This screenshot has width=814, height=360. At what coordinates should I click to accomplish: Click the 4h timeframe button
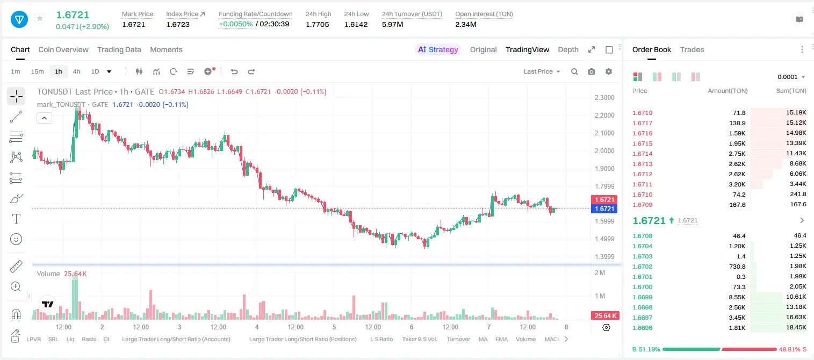point(76,71)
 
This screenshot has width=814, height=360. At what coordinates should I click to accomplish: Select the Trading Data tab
point(119,49)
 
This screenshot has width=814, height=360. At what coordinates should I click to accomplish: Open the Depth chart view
point(568,49)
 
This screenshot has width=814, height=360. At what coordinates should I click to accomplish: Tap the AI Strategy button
point(438,49)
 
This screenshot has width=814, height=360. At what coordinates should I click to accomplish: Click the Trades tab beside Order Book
point(692,49)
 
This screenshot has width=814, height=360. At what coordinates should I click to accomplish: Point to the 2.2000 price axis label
point(604,115)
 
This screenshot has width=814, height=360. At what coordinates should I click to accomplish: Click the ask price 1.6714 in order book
point(643,154)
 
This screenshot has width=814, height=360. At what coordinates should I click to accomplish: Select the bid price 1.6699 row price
point(643,297)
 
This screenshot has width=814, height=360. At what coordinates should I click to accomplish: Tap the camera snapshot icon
point(592,71)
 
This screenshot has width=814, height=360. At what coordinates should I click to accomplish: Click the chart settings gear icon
point(609,71)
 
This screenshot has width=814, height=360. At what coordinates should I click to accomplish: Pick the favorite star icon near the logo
point(40,18)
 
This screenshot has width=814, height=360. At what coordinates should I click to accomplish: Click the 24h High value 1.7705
point(317,24)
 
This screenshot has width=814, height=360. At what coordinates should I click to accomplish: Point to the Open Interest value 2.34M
point(466,24)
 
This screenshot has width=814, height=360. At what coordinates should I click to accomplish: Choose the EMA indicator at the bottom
point(501,339)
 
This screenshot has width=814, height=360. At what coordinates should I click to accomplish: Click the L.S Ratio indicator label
point(381,339)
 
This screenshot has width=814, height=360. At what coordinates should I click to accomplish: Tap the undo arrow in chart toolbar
point(234,71)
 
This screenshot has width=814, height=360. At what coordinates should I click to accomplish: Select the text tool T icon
point(16,219)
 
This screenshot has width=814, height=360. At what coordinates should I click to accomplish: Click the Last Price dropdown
point(542,71)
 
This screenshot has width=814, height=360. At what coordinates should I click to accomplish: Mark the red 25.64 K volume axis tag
point(605,316)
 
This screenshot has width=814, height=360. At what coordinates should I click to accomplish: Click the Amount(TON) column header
point(727,91)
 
